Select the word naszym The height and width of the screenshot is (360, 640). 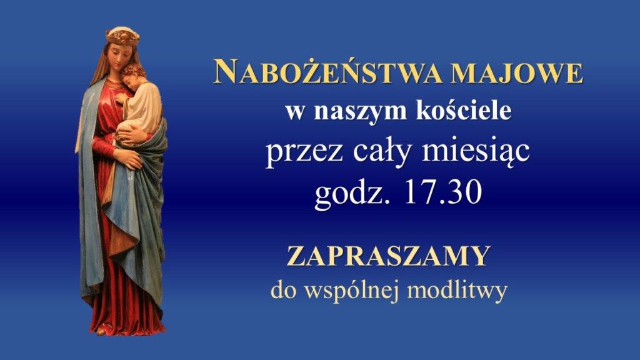361,112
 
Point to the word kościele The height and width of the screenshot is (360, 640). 463,110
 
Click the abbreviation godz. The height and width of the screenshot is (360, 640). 351,192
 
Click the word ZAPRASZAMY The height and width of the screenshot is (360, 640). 388,256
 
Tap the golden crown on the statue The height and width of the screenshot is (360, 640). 122,36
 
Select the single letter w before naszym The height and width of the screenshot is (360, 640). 295,112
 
